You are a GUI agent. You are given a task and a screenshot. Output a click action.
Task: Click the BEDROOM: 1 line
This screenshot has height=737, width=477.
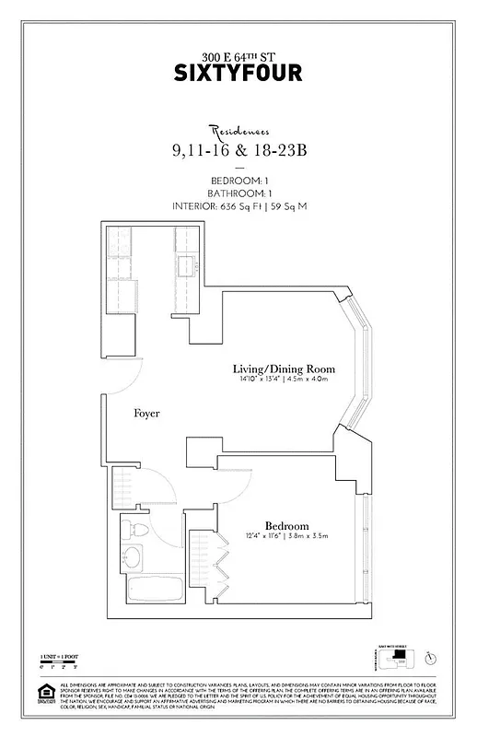tap(238, 181)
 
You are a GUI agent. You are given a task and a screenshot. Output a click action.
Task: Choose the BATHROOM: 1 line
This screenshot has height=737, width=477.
tap(238, 193)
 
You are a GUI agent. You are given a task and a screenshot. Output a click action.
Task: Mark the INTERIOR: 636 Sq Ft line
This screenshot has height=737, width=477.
tap(238, 206)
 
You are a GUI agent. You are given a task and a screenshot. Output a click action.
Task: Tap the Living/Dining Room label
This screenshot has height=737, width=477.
tap(283, 369)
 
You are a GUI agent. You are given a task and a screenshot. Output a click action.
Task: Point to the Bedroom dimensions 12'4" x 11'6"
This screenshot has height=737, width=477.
tap(286, 535)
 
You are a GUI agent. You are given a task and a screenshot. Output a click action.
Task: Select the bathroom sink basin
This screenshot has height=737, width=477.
tap(132, 557)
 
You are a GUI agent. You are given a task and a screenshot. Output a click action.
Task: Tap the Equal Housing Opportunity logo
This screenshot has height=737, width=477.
tap(43, 692)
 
